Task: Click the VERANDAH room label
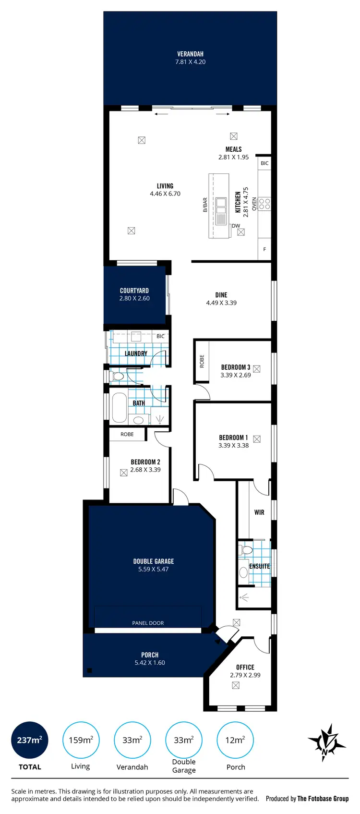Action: (190, 54)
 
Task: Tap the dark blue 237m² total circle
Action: (30, 740)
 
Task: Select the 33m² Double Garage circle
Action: (184, 740)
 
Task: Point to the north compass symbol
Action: (326, 742)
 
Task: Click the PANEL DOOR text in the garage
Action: (148, 623)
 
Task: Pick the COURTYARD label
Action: (134, 291)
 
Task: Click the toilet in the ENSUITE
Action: (246, 549)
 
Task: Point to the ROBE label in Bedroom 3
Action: (202, 361)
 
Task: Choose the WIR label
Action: (259, 512)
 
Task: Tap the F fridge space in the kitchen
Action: (264, 250)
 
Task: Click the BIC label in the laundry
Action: (160, 336)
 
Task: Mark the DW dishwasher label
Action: (236, 226)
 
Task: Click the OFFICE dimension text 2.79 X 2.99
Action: (245, 675)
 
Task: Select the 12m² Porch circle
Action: (235, 740)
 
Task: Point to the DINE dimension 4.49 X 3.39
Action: (221, 303)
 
